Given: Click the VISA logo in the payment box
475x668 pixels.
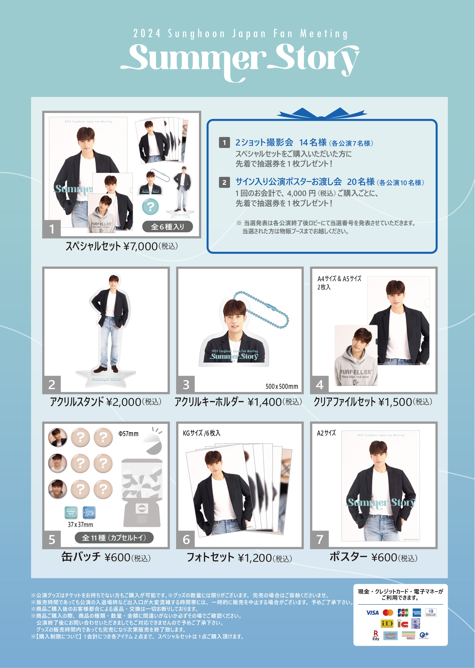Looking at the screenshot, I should tap(372, 612).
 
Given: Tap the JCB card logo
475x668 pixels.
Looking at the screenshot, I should tap(403, 612).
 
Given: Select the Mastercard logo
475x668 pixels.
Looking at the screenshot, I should tap(388, 612).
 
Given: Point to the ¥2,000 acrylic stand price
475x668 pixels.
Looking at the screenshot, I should tap(124, 402).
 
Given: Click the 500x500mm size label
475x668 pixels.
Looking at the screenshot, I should tap(282, 386).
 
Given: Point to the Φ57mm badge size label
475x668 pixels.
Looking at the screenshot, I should tap(129, 434).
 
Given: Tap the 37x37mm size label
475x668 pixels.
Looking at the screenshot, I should tap(80, 525).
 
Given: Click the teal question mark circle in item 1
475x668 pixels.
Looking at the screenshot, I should tap(150, 207).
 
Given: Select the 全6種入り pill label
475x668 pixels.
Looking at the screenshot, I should tap(167, 227).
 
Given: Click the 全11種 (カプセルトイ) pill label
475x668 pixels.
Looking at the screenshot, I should tap(114, 538).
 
